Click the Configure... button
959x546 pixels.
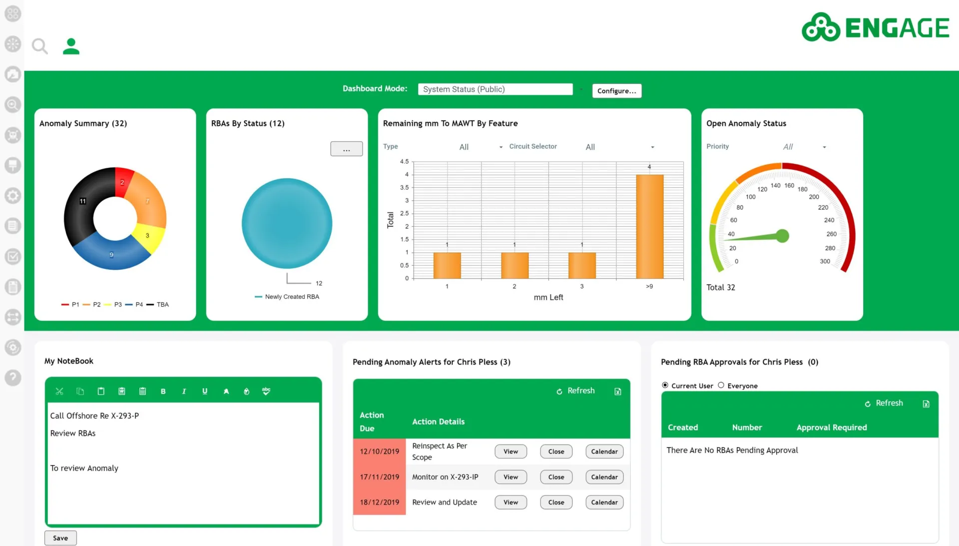click(x=617, y=90)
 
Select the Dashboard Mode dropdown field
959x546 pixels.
click(x=495, y=89)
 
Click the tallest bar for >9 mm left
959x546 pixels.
click(x=649, y=226)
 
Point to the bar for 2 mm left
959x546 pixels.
click(x=514, y=265)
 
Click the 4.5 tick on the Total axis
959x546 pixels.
click(x=404, y=161)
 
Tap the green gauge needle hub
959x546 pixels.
click(x=783, y=236)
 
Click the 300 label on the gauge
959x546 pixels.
click(x=825, y=261)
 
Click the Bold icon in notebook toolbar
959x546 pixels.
click(x=163, y=391)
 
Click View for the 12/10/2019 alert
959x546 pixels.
click(x=510, y=451)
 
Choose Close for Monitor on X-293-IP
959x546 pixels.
click(x=556, y=477)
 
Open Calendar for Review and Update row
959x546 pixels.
click(x=604, y=502)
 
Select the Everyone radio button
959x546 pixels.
click(x=721, y=385)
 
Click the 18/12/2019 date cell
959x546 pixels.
click(x=380, y=502)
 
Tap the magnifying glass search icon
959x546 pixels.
click(x=40, y=46)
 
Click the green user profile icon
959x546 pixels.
click(x=71, y=46)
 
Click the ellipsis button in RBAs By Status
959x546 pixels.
click(x=346, y=149)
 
